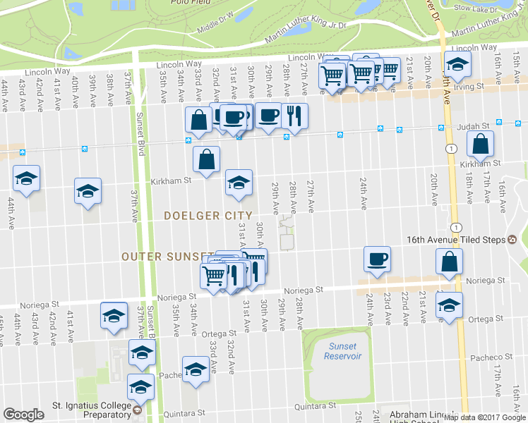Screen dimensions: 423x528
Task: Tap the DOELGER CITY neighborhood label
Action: (x=208, y=216)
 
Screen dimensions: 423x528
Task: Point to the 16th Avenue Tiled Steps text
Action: (x=456, y=240)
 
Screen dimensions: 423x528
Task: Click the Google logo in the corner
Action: (x=23, y=415)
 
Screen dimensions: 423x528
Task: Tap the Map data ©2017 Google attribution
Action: (x=485, y=417)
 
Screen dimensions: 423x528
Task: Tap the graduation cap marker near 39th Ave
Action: (x=88, y=190)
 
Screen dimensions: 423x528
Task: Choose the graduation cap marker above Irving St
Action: (x=457, y=65)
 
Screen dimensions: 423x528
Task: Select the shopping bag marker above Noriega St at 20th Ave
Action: (x=450, y=262)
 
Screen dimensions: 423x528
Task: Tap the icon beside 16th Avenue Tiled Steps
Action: (x=512, y=240)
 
